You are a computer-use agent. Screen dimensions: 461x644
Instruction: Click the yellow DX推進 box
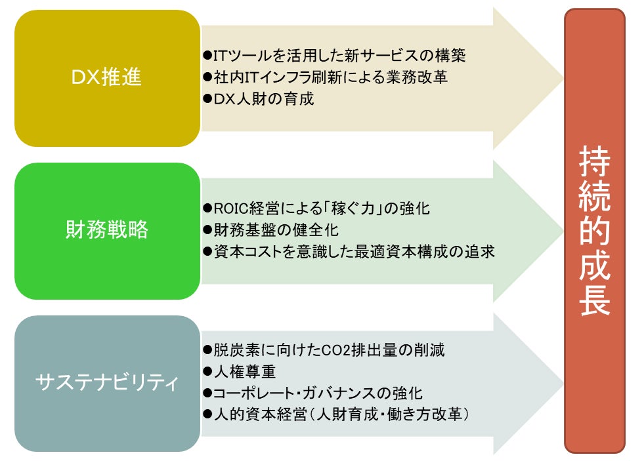107,78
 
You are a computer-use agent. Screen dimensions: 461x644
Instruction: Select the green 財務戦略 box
107,231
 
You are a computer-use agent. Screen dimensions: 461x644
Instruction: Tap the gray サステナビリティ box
107,384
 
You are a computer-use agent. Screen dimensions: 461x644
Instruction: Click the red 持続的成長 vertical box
595,231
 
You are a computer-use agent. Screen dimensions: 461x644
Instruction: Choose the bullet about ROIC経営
316,209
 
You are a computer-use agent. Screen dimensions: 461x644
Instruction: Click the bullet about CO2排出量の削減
323,350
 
